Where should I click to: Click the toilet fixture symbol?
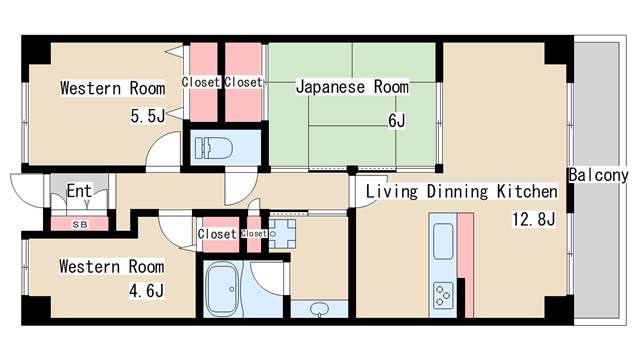[213, 148]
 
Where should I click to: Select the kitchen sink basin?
[443, 241]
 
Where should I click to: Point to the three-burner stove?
[443, 295]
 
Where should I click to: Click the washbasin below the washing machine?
[319, 309]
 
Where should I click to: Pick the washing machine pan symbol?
[282, 234]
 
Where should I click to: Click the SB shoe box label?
[80, 224]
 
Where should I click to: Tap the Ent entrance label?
[79, 191]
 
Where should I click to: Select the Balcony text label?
[598, 176]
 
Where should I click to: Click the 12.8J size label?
[533, 219]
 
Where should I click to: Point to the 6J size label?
[396, 120]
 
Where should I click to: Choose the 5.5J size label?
[148, 116]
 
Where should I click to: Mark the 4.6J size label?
[147, 291]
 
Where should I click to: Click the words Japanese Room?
[352, 87]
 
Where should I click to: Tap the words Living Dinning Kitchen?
[462, 191]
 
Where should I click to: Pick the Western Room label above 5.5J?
[113, 88]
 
